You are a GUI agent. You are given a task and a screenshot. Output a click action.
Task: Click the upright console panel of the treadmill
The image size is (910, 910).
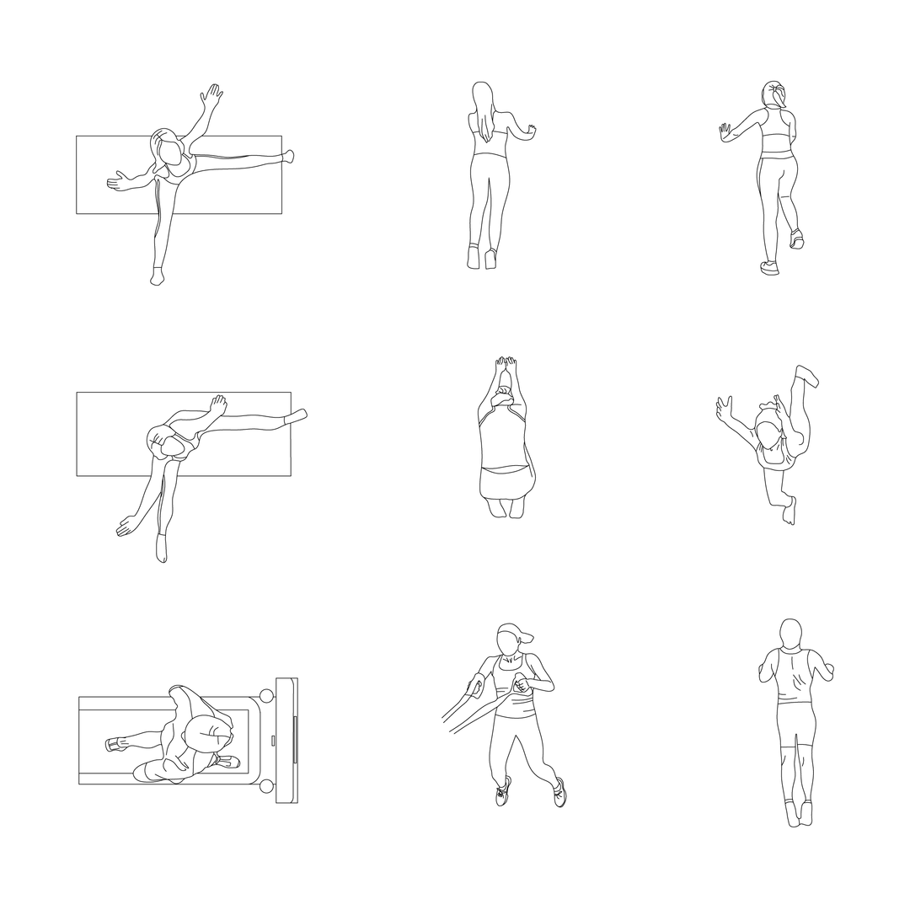coord(286,740)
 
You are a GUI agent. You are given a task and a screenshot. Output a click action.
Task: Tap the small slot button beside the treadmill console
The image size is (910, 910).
coord(272,740)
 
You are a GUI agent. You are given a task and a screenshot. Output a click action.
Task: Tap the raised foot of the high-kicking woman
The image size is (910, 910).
coord(807,375)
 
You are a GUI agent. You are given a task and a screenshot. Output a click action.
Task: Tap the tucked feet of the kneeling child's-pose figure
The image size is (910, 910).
coord(506,507)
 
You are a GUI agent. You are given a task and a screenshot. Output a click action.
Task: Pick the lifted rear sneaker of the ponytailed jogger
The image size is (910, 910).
coord(796,239)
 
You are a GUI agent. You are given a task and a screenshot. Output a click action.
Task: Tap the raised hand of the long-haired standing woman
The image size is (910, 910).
coord(531,131)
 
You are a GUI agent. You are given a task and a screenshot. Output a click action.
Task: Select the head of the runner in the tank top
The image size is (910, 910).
coord(790,634)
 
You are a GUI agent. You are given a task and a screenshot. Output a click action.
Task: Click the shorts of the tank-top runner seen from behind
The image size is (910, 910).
coord(795,725)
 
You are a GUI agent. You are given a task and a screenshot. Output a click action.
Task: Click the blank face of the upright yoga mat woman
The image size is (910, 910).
coord(173,153)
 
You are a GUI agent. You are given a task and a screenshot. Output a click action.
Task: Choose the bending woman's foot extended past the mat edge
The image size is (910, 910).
coord(296,416)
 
